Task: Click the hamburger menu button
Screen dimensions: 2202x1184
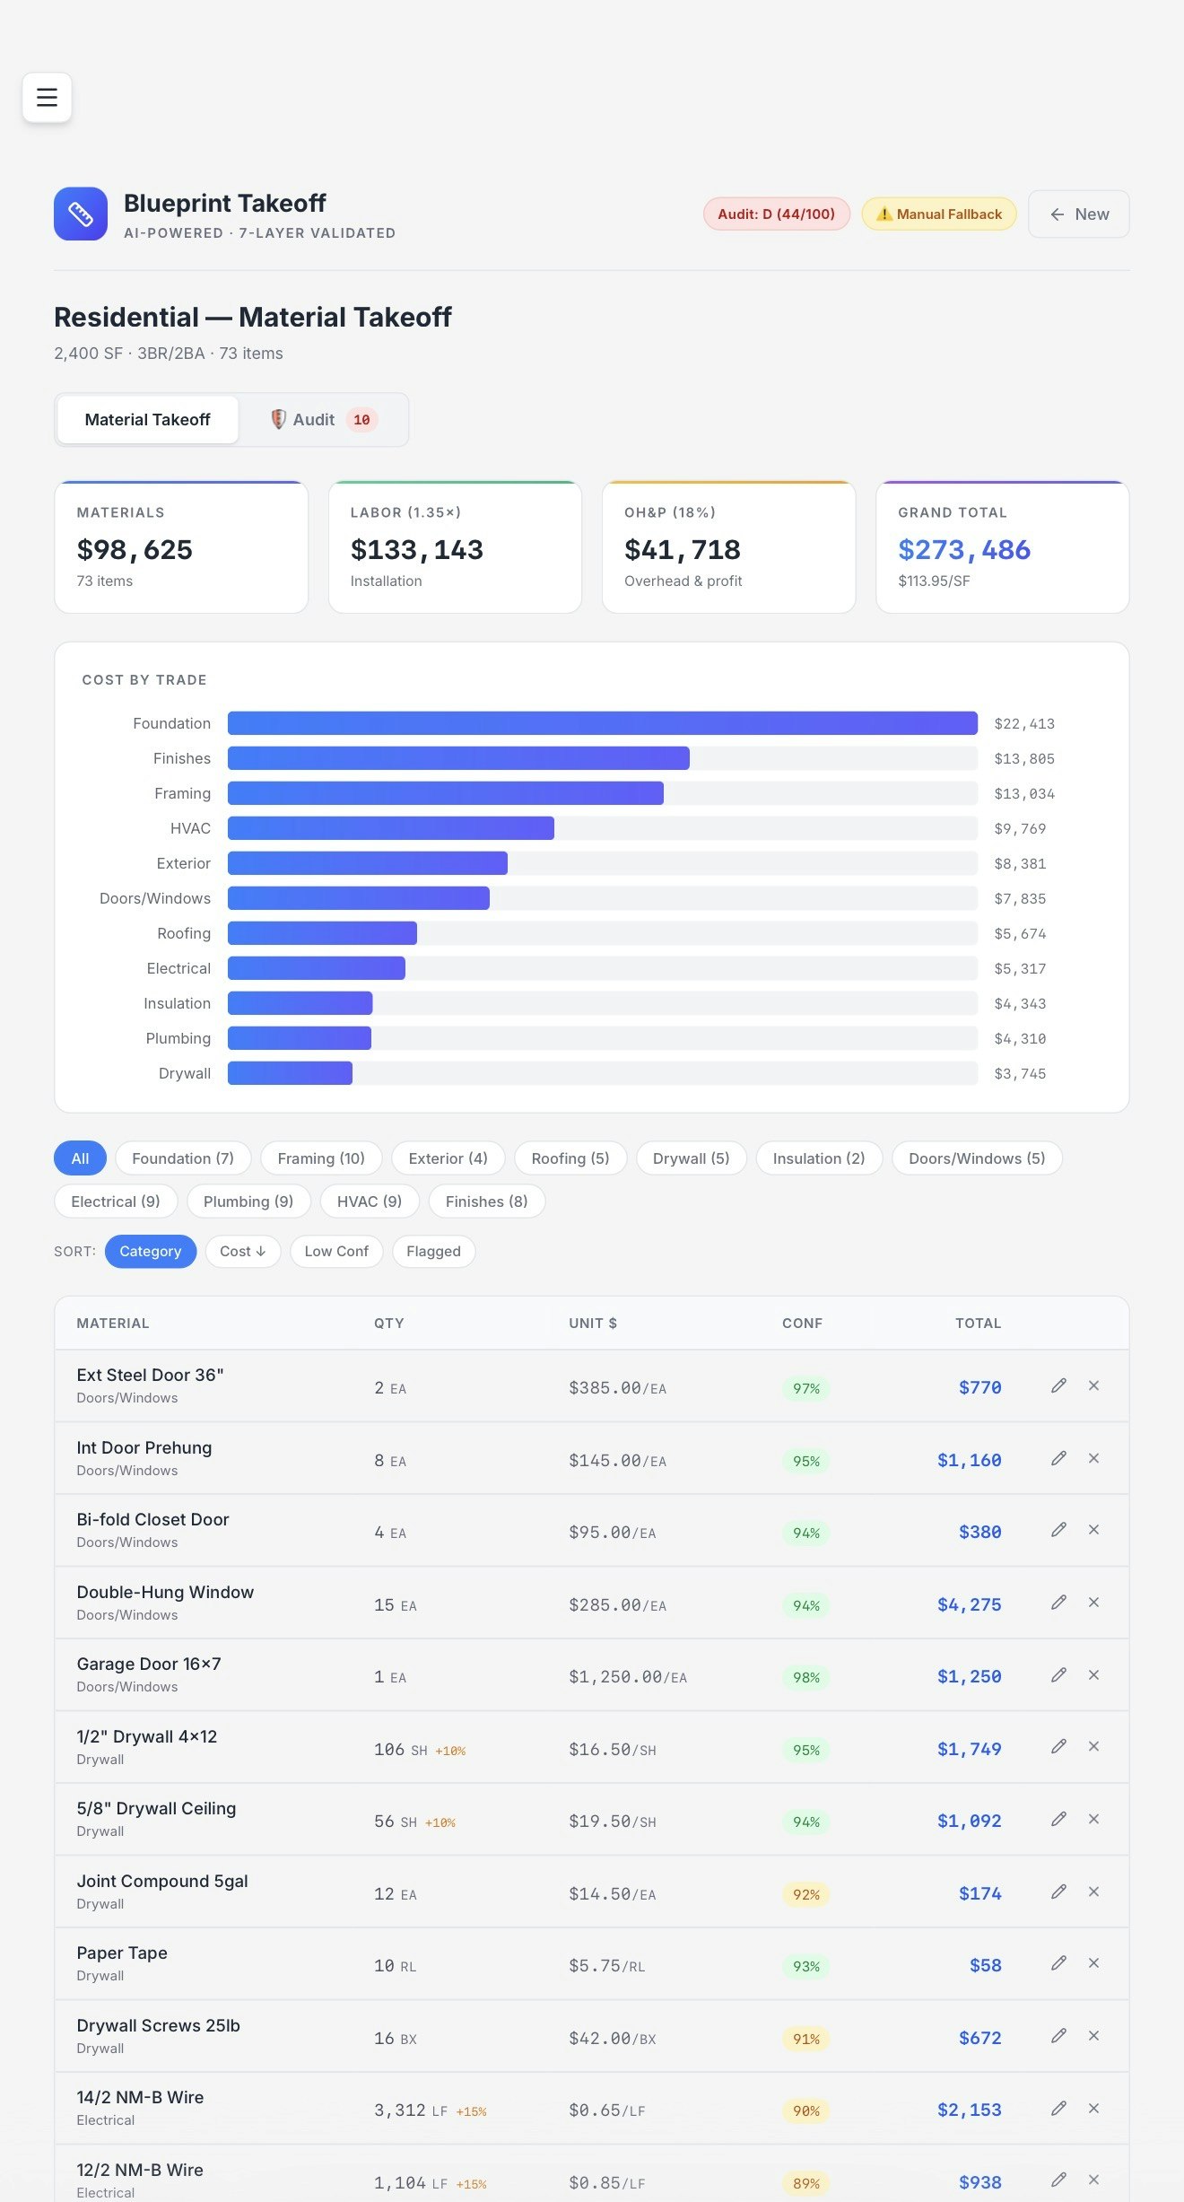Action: click(47, 97)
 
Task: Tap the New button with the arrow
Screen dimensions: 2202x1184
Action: click(1078, 214)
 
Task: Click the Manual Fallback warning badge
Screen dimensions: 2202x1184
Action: click(938, 214)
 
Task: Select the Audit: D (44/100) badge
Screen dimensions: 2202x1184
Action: click(776, 214)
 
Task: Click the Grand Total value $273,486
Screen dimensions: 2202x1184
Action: click(964, 550)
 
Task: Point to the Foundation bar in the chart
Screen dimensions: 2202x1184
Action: click(602, 723)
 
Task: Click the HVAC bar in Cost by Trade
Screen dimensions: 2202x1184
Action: click(390, 828)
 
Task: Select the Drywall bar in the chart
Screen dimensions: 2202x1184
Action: click(290, 1073)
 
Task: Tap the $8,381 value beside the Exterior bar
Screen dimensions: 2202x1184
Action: click(1020, 864)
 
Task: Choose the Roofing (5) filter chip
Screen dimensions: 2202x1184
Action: click(570, 1158)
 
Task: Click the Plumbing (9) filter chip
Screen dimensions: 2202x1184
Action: click(248, 1201)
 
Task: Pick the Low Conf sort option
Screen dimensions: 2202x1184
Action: click(336, 1252)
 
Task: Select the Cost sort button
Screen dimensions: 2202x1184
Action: click(242, 1252)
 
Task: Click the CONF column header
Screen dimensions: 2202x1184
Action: click(802, 1324)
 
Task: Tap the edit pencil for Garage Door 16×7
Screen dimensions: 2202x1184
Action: click(1058, 1675)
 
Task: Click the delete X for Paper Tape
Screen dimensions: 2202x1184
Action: click(1093, 1963)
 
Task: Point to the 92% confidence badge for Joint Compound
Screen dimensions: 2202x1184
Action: click(805, 1894)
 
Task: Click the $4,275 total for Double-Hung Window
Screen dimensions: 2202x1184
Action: click(969, 1605)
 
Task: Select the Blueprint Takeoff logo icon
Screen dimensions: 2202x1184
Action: click(81, 214)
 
